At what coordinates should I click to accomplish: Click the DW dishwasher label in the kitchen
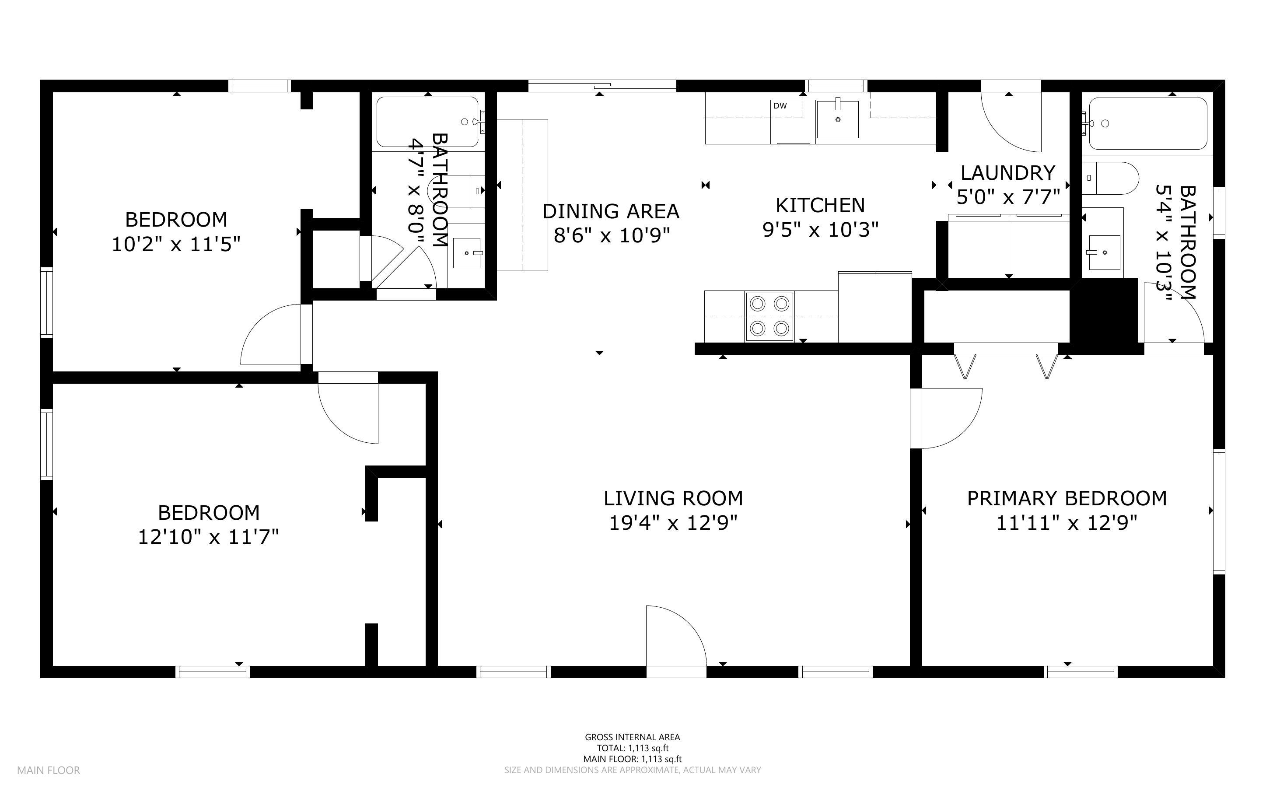click(x=780, y=106)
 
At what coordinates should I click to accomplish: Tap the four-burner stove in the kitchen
click(x=769, y=316)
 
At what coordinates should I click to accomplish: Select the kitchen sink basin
click(x=838, y=119)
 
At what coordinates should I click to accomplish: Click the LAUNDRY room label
click(x=1007, y=173)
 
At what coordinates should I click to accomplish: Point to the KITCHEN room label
click(x=820, y=206)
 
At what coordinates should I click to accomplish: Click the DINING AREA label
click(x=611, y=211)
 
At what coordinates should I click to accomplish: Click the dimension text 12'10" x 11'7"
click(x=208, y=537)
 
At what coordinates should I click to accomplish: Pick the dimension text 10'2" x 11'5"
click(x=176, y=244)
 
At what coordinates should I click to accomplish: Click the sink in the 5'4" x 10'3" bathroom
click(x=1104, y=253)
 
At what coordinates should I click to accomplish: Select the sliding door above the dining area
click(x=602, y=85)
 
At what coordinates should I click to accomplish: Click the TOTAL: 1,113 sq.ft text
click(x=633, y=748)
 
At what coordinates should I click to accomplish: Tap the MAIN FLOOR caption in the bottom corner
click(x=49, y=770)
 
